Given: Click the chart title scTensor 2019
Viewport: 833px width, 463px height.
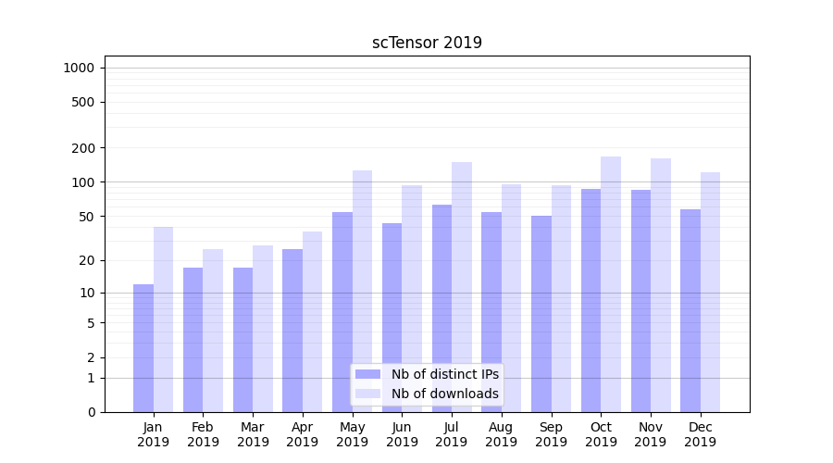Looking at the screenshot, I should click(427, 43).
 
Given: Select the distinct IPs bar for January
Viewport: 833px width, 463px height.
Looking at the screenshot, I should click(143, 348).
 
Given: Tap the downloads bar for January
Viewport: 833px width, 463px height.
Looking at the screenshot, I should click(163, 319).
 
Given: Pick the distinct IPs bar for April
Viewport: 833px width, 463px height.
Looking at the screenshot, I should click(292, 331).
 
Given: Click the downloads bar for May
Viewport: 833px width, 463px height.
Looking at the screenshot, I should click(362, 291).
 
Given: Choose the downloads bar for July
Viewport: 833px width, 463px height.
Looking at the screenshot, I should click(462, 287).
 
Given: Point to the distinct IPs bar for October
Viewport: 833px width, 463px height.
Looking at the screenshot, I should click(591, 300).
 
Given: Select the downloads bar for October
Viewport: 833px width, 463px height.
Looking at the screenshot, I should click(611, 284).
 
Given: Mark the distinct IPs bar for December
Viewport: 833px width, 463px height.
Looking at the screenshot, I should click(690, 310).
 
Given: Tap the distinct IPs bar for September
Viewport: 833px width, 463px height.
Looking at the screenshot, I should click(541, 314).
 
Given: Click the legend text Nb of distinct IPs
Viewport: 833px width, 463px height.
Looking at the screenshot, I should click(444, 374).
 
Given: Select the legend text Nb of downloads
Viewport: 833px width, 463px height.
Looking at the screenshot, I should click(444, 394).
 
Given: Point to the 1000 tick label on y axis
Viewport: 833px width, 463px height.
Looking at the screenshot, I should click(79, 68).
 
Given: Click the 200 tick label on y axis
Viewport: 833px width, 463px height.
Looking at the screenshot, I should click(83, 148).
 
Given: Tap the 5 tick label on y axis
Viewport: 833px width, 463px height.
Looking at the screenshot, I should click(91, 323).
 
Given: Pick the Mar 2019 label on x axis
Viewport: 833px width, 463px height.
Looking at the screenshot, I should click(253, 434).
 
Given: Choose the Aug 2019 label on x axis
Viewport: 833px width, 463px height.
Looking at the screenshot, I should click(502, 434).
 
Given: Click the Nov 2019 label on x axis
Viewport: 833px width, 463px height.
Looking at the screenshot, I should click(651, 434).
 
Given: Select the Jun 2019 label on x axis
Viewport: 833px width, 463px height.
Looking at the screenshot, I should click(402, 434).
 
